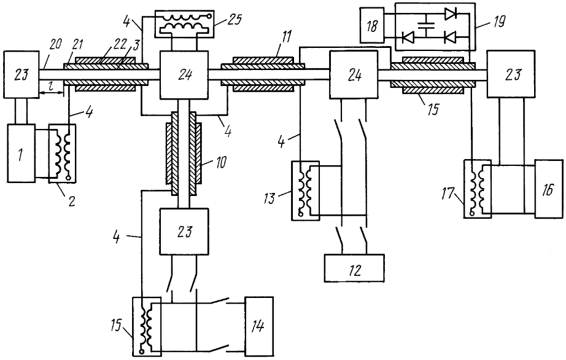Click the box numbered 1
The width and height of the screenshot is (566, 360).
pyautogui.click(x=21, y=153)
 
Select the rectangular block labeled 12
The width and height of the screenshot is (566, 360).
pyautogui.click(x=354, y=268)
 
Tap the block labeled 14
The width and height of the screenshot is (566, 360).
pyautogui.click(x=259, y=326)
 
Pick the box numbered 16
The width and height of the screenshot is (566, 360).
pyautogui.click(x=549, y=189)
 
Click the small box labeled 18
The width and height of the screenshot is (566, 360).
pyautogui.click(x=372, y=26)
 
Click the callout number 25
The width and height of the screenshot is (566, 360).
pyautogui.click(x=234, y=19)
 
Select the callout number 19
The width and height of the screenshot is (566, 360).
pyautogui.click(x=499, y=22)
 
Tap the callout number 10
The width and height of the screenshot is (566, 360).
pyautogui.click(x=220, y=162)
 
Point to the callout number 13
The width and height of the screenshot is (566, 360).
pyautogui.click(x=269, y=198)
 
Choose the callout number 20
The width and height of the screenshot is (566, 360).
pyautogui.click(x=55, y=44)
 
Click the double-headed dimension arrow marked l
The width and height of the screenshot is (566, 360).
pyautogui.click(x=51, y=93)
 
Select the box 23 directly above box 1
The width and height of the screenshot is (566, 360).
pyautogui.click(x=21, y=75)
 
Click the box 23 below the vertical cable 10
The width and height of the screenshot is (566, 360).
pyautogui.click(x=184, y=232)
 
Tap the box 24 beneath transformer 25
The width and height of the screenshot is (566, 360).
pyautogui.click(x=184, y=75)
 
